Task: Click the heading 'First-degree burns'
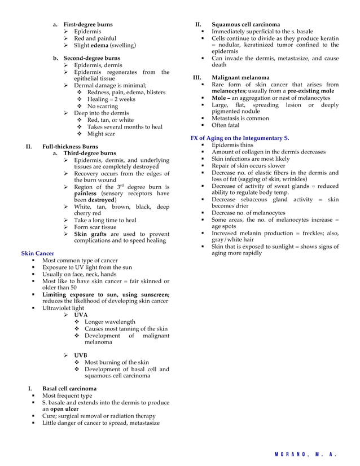click(x=87, y=25)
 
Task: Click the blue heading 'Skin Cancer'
click(x=37, y=254)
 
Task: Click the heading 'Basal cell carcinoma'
click(x=69, y=389)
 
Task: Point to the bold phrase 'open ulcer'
click(x=62, y=410)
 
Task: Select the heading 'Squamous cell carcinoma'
click(x=245, y=25)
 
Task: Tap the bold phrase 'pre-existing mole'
click(x=310, y=91)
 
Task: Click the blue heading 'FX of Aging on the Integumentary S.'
click(x=240, y=138)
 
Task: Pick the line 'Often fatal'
click(x=225, y=125)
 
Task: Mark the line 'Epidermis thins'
click(x=232, y=145)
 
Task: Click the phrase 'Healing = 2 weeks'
click(x=111, y=99)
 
